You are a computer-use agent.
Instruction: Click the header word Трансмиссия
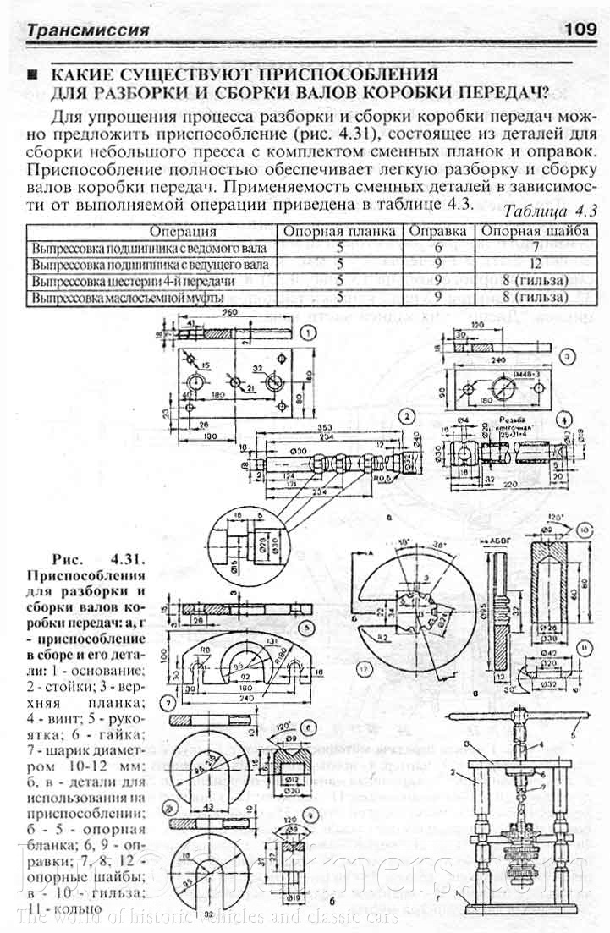click(88, 31)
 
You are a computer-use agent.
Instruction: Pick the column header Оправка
click(439, 231)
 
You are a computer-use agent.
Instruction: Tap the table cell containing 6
click(439, 248)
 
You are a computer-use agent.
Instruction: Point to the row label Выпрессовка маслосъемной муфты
click(128, 298)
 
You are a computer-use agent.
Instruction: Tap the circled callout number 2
click(408, 415)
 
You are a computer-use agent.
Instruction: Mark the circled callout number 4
click(563, 420)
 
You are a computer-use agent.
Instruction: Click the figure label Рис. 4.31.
click(100, 559)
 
